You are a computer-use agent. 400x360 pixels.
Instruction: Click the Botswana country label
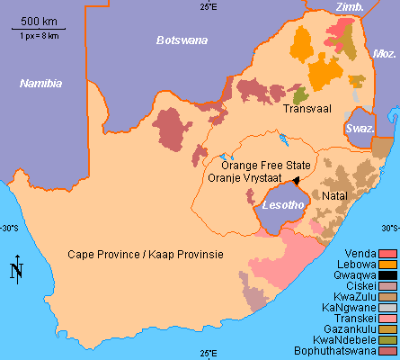pos(181,40)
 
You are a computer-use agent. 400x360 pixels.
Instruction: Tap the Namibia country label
pos(41,83)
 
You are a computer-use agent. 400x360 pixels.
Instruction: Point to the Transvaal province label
pos(307,109)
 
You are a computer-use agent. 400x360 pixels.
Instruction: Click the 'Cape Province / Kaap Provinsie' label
pos(146,255)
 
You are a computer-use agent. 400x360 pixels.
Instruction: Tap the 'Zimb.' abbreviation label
pos(349,7)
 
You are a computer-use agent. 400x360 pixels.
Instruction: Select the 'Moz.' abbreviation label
pos(384,54)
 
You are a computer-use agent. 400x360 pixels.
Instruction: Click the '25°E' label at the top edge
pos(209,7)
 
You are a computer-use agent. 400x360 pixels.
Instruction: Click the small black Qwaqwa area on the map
pos(296,181)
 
